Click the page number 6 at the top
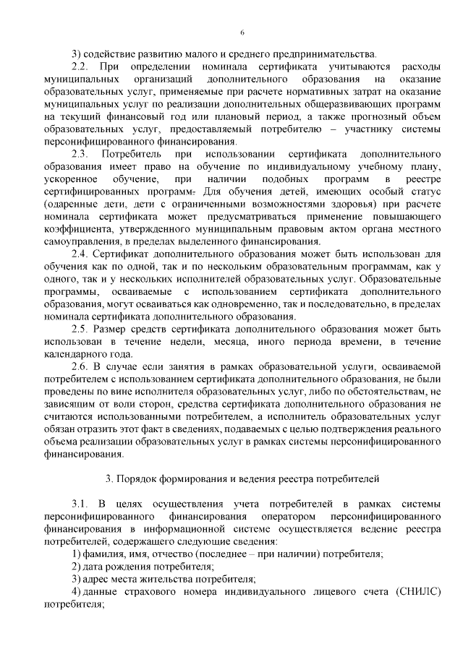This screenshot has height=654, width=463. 242,32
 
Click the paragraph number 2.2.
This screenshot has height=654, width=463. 81,66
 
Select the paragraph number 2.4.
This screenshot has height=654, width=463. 81,254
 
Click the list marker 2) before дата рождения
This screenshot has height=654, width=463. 75,567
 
